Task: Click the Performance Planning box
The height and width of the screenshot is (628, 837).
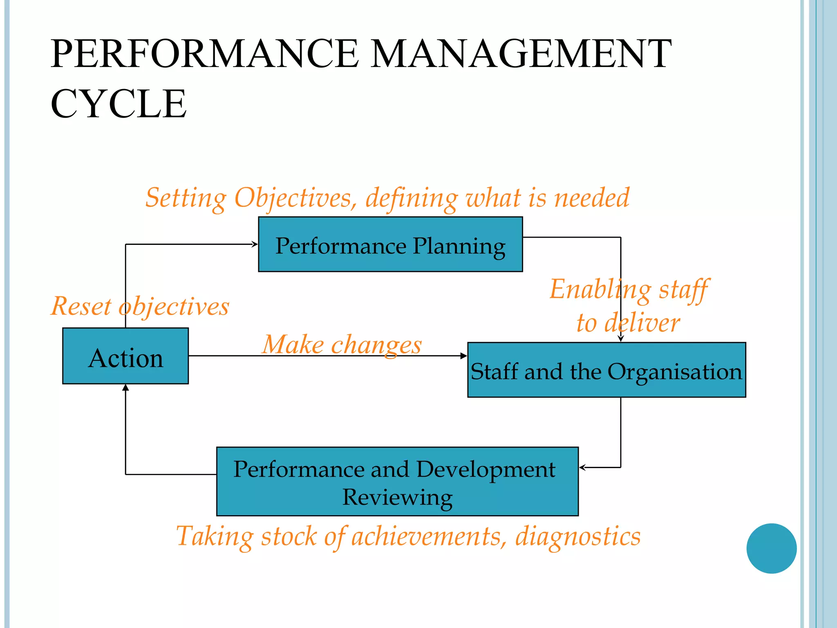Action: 390,244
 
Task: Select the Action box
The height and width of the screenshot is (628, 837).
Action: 125,356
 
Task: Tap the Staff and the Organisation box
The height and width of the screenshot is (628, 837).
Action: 606,370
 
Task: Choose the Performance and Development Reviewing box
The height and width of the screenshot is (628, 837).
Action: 397,481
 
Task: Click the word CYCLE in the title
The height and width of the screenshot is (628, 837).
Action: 119,104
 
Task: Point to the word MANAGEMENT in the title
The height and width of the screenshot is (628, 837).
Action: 521,54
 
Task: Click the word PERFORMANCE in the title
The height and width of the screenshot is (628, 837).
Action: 204,54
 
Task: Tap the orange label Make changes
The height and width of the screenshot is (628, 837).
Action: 342,344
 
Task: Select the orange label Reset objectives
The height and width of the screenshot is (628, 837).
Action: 140,306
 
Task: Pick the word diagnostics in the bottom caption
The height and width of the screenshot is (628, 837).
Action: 577,536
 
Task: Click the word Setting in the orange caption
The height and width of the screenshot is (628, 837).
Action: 186,198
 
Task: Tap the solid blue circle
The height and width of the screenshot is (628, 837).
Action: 771,548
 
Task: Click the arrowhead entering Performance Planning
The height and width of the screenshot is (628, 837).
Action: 255,244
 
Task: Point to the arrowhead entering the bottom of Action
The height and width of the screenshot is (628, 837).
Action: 125,387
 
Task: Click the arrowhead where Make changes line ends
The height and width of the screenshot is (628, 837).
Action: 463,356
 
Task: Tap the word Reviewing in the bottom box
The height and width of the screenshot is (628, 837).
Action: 397,497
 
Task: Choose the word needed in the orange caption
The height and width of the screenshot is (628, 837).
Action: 591,198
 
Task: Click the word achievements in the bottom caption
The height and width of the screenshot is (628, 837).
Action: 426,536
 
